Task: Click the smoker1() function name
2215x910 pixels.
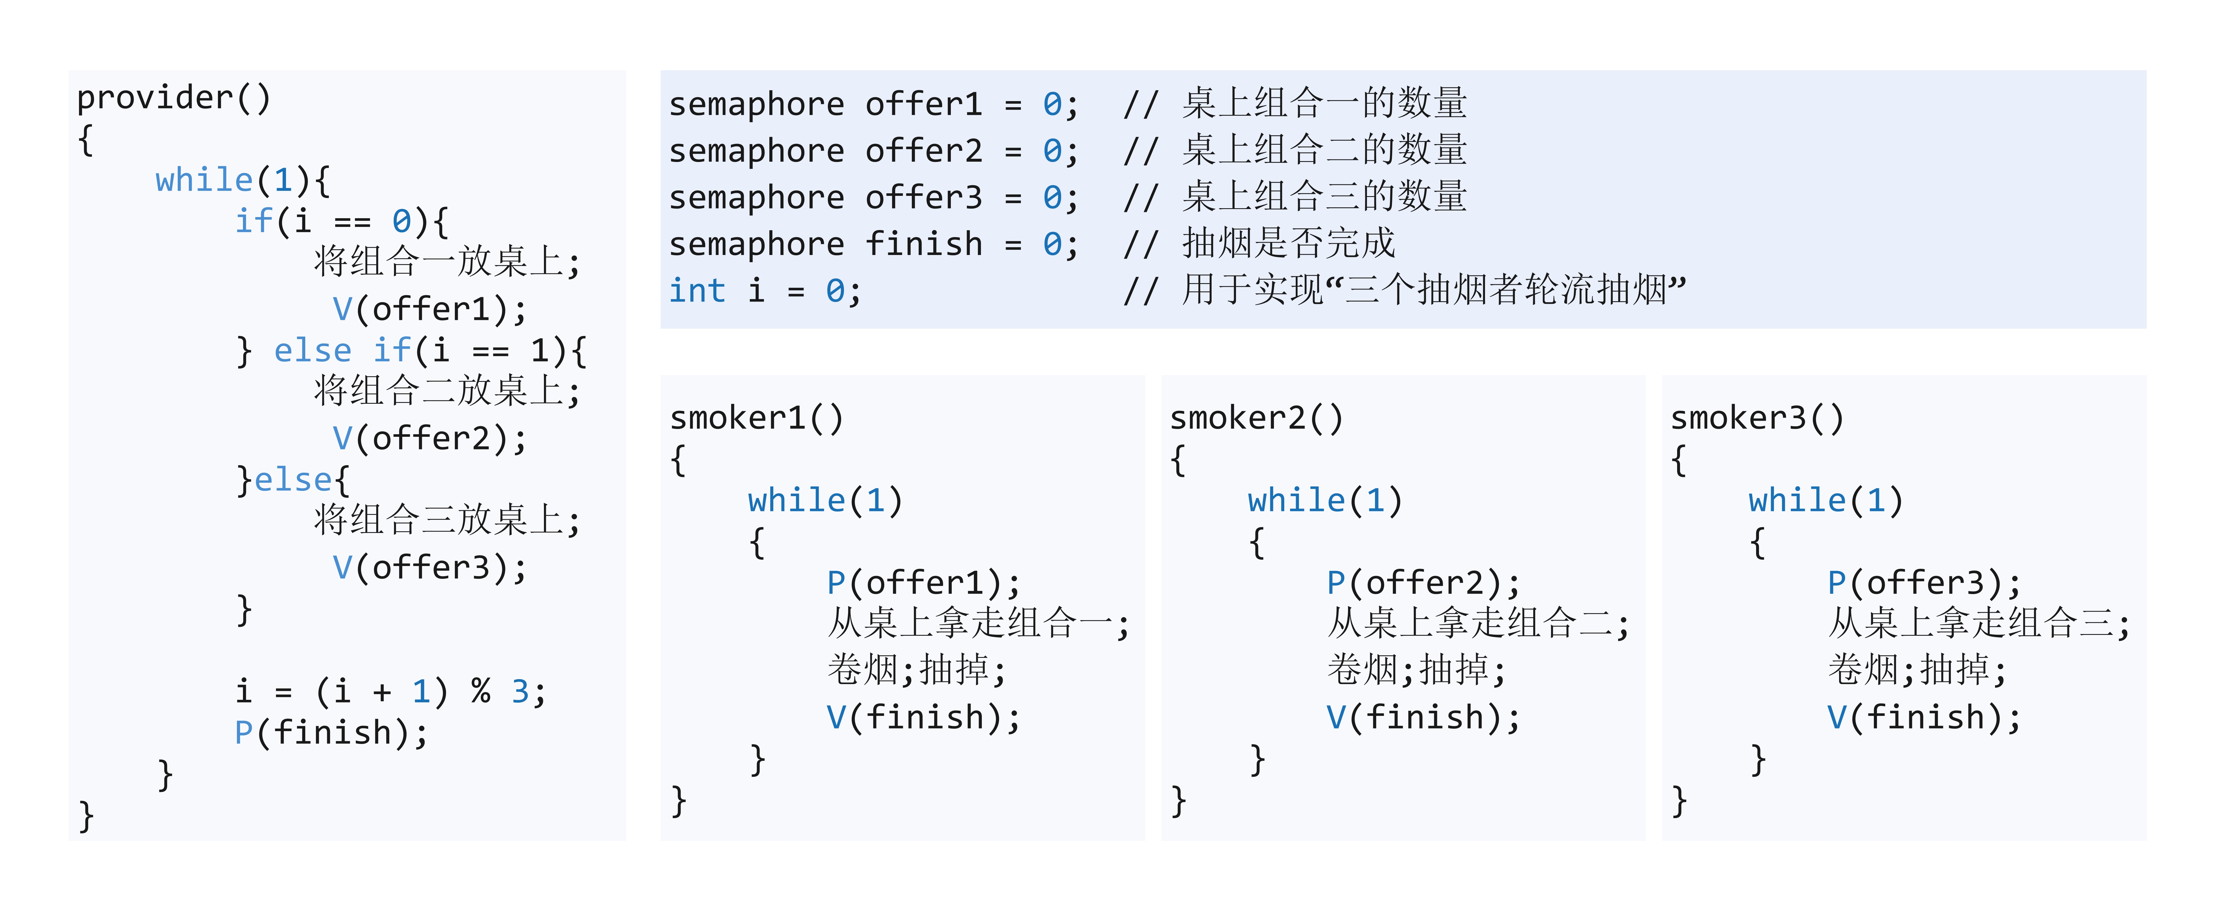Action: [757, 418]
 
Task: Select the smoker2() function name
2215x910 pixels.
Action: [1256, 418]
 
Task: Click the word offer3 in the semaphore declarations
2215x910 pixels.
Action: [924, 197]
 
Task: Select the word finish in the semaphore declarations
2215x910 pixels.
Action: [924, 244]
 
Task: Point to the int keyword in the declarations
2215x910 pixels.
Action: [697, 291]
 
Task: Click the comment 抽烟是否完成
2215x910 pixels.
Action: [1288, 244]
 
